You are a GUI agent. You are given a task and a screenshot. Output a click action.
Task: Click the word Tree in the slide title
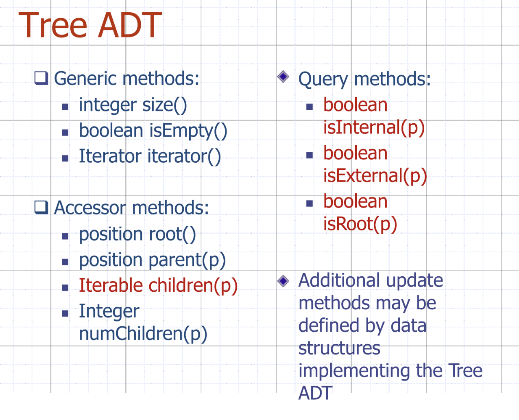52,25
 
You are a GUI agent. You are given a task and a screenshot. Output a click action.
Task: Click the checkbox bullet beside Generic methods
41,78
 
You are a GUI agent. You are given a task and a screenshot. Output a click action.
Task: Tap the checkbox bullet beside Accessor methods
41,208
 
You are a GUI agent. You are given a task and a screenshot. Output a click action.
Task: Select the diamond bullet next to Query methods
283,77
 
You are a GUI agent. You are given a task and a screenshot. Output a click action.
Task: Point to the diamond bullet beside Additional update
283,281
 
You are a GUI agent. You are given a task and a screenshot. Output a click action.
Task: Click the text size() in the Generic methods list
164,105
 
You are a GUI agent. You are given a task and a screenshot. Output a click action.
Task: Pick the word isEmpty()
188,131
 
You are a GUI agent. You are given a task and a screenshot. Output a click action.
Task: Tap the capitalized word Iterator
110,156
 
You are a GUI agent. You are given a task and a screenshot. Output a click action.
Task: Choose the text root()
172,234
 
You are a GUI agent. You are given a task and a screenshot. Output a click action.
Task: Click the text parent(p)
187,261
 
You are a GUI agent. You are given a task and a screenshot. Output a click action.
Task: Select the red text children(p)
193,286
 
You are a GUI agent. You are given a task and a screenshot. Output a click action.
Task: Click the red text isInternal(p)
374,128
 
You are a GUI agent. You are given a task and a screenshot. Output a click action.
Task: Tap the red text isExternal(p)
375,176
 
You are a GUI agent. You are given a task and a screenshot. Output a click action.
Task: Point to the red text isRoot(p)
360,224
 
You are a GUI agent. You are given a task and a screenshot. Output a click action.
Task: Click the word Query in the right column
323,80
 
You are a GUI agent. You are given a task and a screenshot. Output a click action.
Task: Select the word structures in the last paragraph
339,348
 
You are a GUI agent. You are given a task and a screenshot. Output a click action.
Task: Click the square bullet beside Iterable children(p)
65,288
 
